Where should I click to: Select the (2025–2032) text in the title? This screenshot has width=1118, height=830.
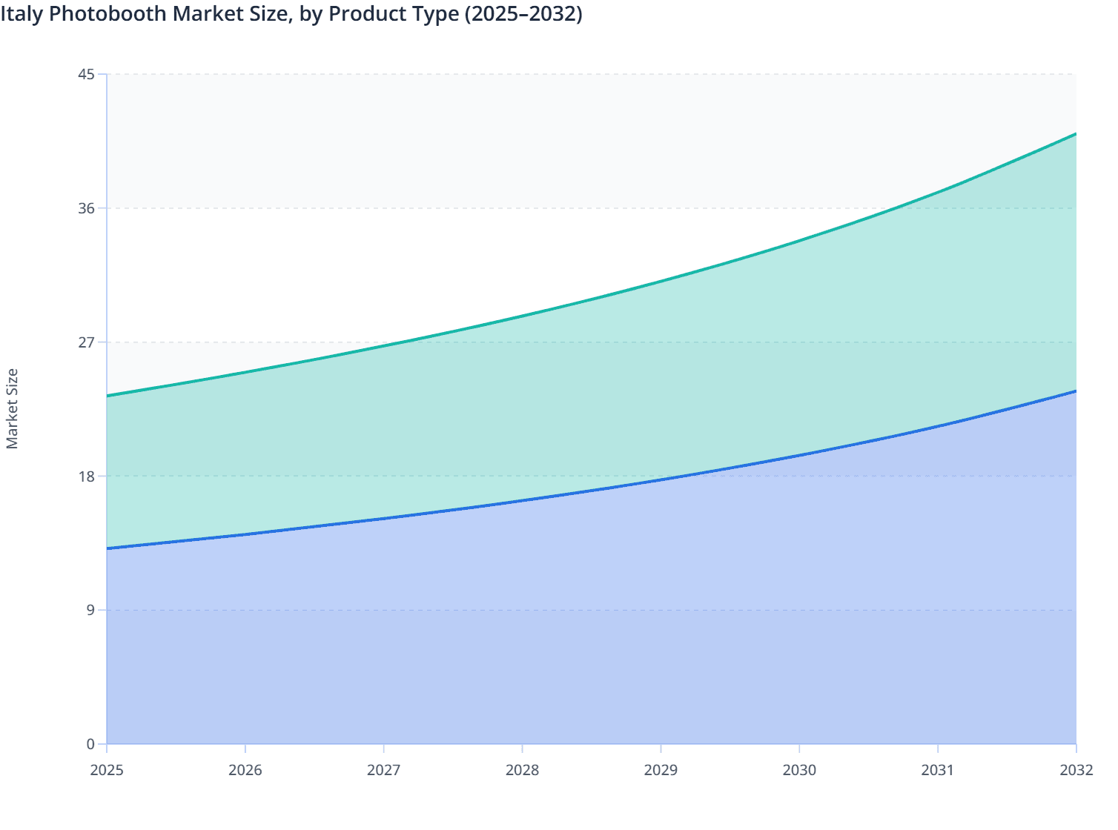tap(523, 14)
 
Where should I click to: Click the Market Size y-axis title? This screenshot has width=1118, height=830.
tap(12, 408)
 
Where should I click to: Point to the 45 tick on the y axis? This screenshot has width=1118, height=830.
tap(86, 74)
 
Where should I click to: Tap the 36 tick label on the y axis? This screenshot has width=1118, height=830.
tap(86, 208)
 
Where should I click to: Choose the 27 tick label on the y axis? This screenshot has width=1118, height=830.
tap(86, 342)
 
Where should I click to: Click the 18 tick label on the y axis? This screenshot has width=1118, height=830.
tap(86, 476)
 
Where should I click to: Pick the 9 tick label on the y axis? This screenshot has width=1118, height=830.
tap(90, 610)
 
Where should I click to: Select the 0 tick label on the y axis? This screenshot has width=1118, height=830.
tap(90, 744)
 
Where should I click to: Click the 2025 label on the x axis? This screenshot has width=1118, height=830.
tap(107, 770)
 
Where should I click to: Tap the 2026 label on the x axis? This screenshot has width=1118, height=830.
tap(245, 770)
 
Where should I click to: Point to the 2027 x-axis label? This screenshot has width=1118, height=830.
tap(384, 770)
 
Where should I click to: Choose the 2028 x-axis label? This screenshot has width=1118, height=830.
tap(522, 770)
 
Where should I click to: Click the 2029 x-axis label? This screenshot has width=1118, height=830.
tap(661, 770)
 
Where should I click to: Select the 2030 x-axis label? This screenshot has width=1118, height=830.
tap(799, 770)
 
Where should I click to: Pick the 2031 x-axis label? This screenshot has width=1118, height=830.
tap(938, 770)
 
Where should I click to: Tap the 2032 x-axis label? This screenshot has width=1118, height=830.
tap(1076, 770)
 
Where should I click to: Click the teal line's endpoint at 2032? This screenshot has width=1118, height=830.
tap(1076, 134)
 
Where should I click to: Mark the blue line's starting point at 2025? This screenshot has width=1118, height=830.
tap(107, 548)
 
